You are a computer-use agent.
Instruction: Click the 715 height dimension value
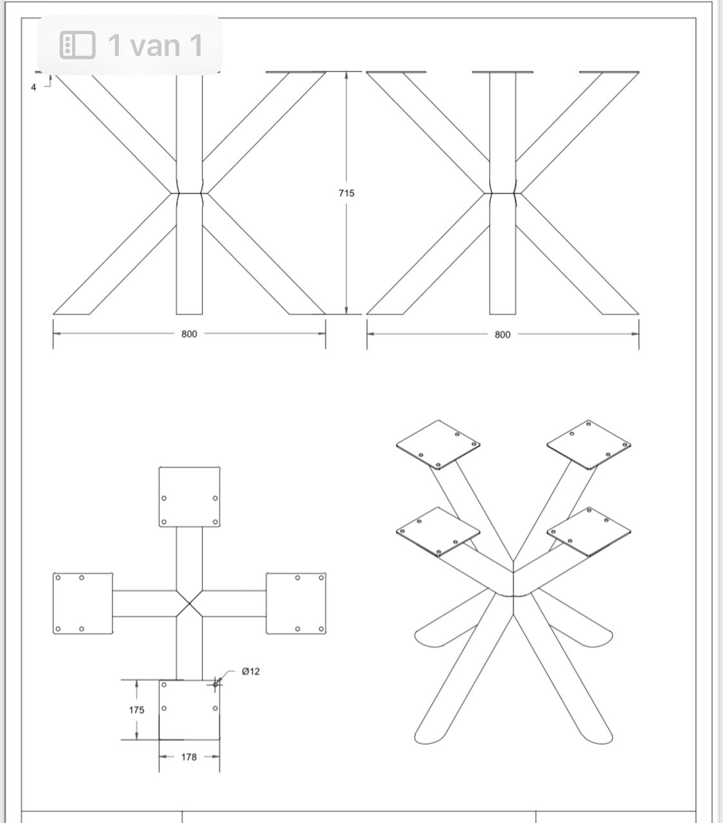(346, 193)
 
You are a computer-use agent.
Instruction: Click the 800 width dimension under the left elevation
(189, 334)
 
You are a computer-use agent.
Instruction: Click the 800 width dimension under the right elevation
(503, 335)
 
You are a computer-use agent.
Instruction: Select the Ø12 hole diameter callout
(251, 671)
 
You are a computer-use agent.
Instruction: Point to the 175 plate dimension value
(136, 710)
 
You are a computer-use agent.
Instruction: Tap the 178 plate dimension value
(188, 757)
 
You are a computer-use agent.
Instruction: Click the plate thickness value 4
(33, 87)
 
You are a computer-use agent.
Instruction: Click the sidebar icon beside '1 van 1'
(78, 45)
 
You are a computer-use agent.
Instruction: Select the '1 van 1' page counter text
(156, 45)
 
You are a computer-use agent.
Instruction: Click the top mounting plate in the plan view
(190, 497)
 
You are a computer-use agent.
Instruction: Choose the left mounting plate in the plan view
(83, 603)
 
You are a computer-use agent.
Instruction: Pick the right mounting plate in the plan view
(296, 603)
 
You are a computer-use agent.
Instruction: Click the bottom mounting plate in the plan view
(190, 710)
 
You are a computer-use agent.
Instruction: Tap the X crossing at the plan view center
(190, 603)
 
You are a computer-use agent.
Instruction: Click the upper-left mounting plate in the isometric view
(438, 445)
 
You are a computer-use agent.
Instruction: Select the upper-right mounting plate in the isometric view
(589, 445)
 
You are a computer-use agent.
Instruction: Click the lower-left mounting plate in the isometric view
(438, 532)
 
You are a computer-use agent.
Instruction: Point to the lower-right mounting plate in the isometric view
(589, 532)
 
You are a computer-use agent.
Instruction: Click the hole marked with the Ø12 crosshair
(215, 684)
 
